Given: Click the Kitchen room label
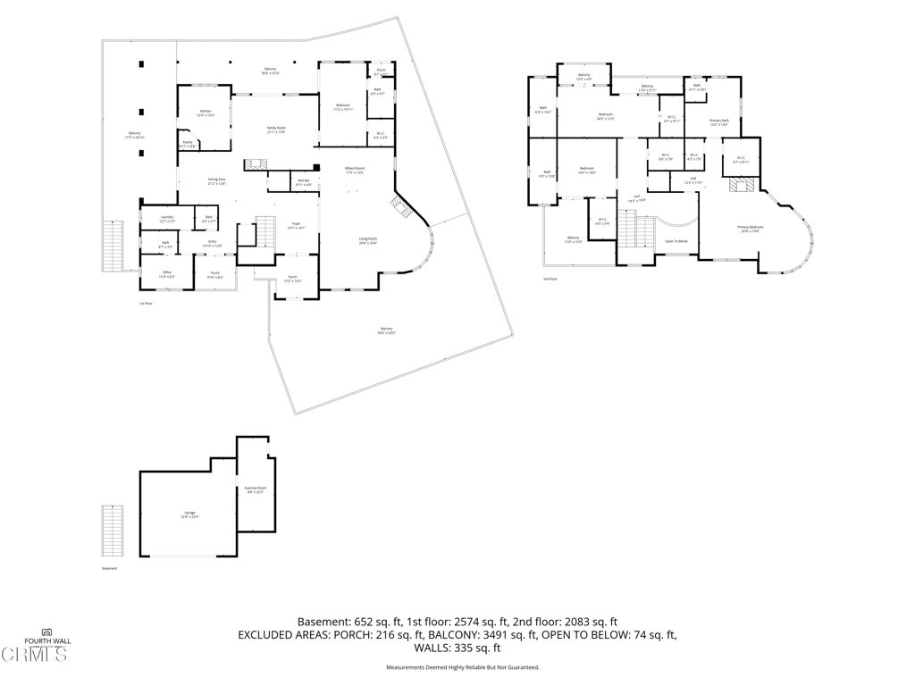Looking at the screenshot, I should pyautogui.click(x=205, y=113).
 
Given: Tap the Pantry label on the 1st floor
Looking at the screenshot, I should pyautogui.click(x=188, y=143).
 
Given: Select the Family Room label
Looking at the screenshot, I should pyautogui.click(x=276, y=130).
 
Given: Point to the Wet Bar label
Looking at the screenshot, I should pyautogui.click(x=304, y=182).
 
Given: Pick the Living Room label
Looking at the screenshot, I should pyautogui.click(x=367, y=240).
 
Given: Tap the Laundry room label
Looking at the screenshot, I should pyautogui.click(x=167, y=219).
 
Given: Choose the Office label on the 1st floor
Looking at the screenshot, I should pyautogui.click(x=166, y=274).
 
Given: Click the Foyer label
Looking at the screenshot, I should pyautogui.click(x=296, y=226).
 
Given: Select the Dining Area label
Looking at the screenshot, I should pyautogui.click(x=216, y=181).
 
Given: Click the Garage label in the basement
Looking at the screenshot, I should pyautogui.click(x=189, y=514).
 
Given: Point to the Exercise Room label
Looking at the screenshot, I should pyautogui.click(x=256, y=489).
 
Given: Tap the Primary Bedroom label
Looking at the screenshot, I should pyautogui.click(x=750, y=229).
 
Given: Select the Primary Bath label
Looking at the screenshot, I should pyautogui.click(x=719, y=121).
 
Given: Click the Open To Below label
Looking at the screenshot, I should pyautogui.click(x=676, y=241).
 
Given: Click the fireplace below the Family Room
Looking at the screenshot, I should pyautogui.click(x=256, y=164).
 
